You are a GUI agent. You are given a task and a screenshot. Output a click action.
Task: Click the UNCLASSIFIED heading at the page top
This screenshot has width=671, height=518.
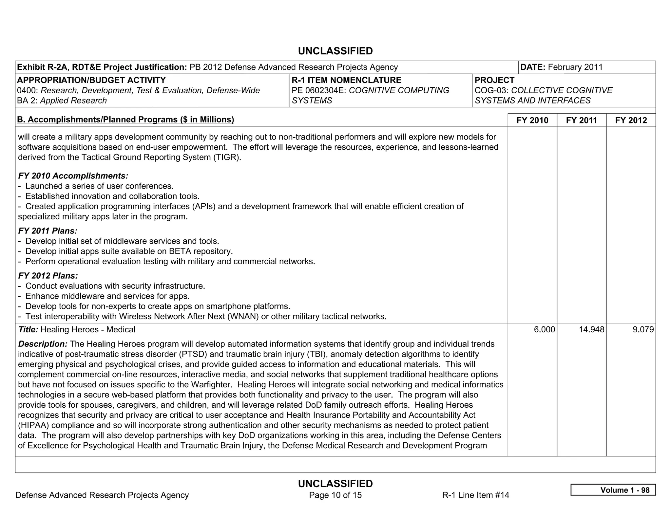point(335,51)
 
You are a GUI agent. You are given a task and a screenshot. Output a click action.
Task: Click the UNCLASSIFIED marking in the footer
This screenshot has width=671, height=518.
point(335,484)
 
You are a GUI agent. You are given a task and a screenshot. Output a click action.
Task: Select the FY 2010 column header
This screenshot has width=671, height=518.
point(532,120)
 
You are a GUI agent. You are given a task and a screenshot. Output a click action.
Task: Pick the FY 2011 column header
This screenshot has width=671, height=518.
point(582,120)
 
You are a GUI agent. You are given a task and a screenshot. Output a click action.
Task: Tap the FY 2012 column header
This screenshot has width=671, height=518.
point(631,120)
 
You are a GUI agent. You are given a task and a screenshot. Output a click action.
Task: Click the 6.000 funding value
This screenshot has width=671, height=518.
point(544,329)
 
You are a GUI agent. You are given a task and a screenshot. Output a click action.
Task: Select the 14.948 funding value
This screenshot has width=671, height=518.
point(591,329)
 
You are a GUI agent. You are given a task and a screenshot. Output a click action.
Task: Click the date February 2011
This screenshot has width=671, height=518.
point(575,67)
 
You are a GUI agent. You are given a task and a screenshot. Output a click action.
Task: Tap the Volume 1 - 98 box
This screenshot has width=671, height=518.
point(613,490)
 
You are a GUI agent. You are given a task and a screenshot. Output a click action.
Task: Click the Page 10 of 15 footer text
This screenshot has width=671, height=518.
point(335,495)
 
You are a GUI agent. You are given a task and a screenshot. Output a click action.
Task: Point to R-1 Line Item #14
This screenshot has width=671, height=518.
point(475,495)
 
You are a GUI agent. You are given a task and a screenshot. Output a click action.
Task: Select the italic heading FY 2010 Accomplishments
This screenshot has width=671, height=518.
point(73,176)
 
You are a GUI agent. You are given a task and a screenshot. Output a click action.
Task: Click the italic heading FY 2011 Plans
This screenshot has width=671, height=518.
point(48,231)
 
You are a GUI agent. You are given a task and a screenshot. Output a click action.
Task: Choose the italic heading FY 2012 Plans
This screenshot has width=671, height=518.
point(48,276)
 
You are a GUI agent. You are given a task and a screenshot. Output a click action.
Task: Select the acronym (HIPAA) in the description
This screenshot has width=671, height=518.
point(33,425)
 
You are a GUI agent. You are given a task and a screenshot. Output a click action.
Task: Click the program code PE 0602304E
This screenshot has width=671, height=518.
point(319,90)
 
